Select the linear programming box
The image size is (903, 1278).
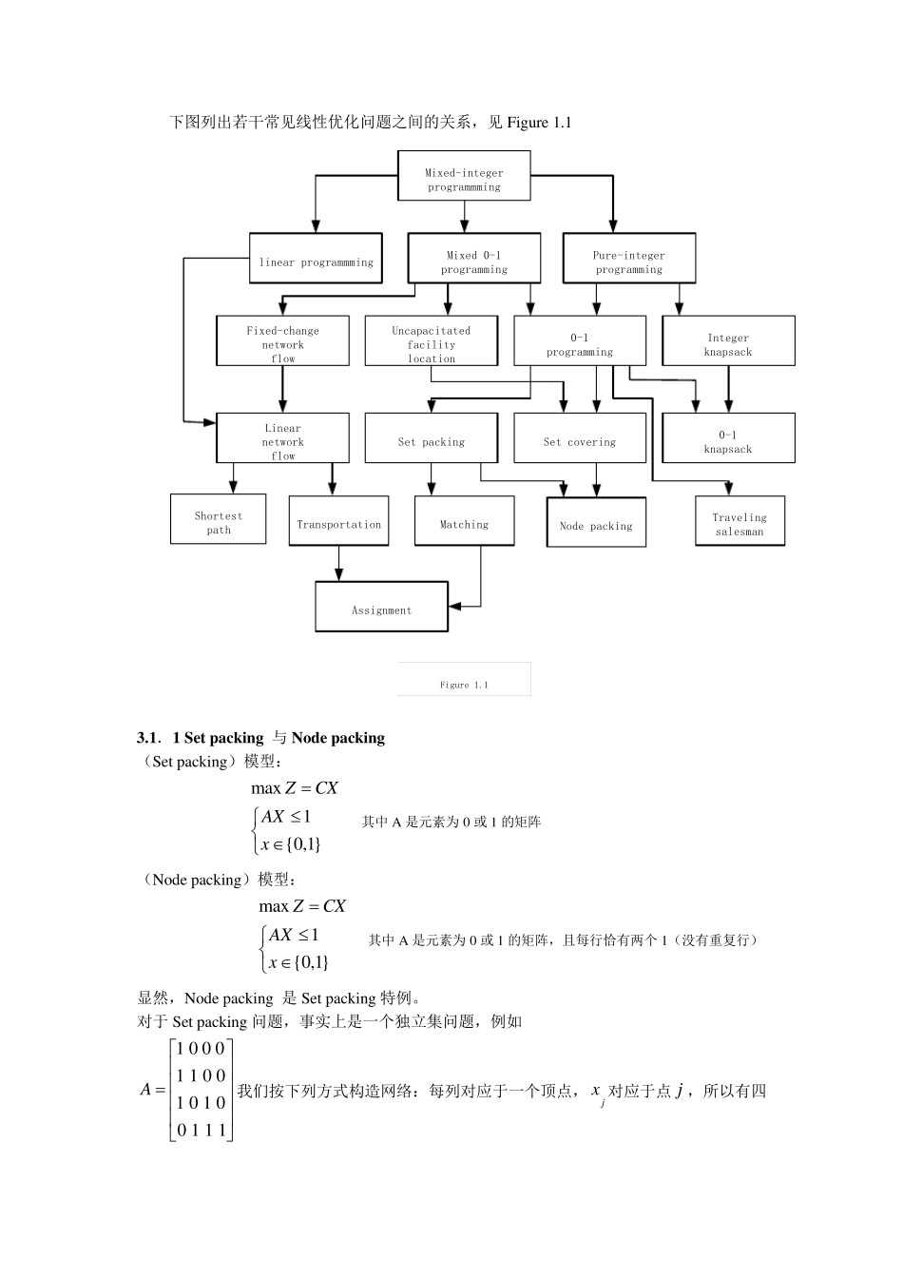[317, 259]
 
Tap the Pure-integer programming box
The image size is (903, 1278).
[629, 259]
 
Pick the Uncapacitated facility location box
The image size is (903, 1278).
[432, 341]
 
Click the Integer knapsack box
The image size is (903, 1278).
[728, 341]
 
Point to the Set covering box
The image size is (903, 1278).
[580, 438]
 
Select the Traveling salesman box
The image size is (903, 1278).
[740, 521]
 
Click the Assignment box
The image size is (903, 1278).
[381, 607]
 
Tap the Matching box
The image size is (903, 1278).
[464, 521]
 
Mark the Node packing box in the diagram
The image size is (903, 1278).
[596, 522]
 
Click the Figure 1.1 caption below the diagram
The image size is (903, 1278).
[464, 684]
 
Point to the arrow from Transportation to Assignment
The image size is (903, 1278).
[339, 563]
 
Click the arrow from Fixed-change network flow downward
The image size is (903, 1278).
[283, 388]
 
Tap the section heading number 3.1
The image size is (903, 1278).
[148, 738]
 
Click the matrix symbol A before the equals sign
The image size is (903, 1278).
[146, 1090]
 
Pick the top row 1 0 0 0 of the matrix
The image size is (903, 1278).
[202, 1049]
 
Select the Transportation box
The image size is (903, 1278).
[338, 521]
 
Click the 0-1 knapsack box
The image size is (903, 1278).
[728, 438]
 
